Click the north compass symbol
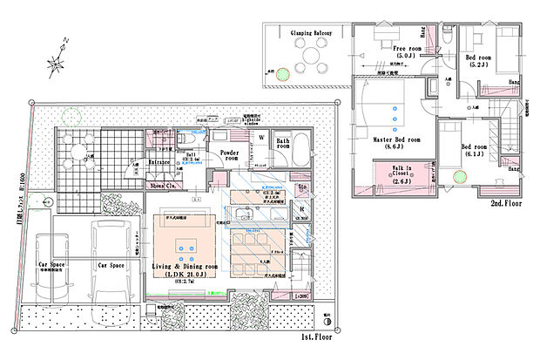57,61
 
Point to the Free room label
408,49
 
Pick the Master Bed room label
396,139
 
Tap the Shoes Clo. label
165,185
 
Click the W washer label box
260,138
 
